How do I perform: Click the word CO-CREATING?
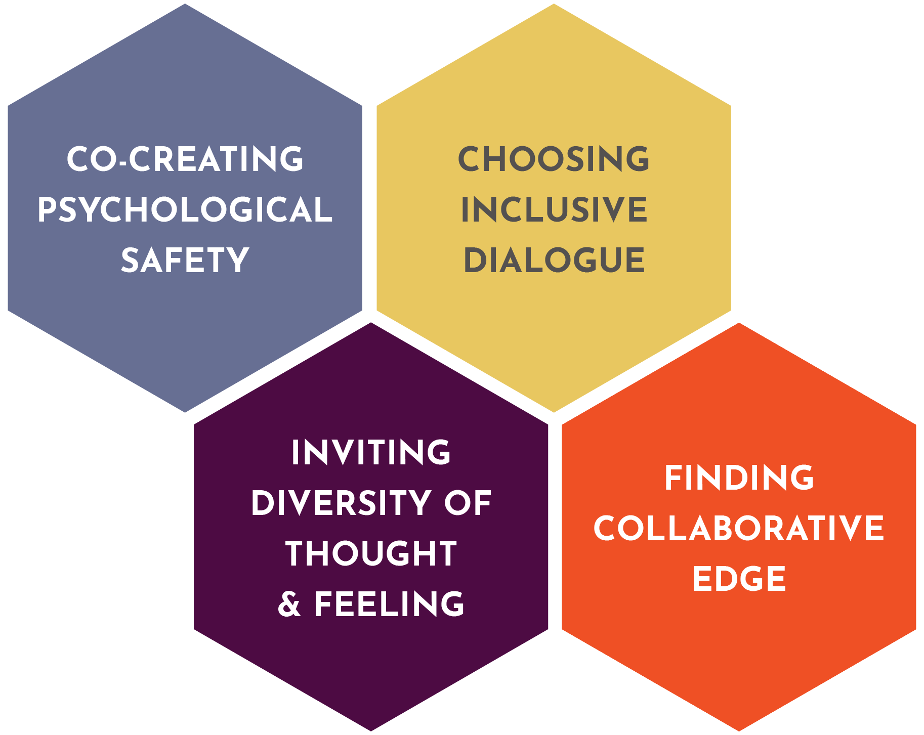[x=185, y=159]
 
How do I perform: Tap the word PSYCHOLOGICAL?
[x=185, y=210]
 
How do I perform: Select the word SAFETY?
[x=185, y=261]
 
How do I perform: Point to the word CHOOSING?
[x=554, y=159]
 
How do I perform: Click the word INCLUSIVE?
[x=554, y=210]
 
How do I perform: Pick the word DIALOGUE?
[x=554, y=261]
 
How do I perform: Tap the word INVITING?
[x=371, y=452]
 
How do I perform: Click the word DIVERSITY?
[x=341, y=503]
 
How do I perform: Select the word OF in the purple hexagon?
[x=468, y=503]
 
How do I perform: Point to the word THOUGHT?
[x=371, y=553]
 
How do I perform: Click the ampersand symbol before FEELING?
[x=289, y=604]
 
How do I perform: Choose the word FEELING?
[x=389, y=604]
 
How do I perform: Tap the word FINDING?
[x=739, y=478]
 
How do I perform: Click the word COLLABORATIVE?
[x=739, y=529]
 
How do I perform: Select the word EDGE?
[x=739, y=579]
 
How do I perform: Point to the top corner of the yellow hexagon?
[x=554, y=5]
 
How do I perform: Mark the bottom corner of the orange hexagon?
[x=739, y=730]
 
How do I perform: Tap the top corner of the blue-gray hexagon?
[x=185, y=5]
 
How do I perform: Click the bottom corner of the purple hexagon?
[x=371, y=730]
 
